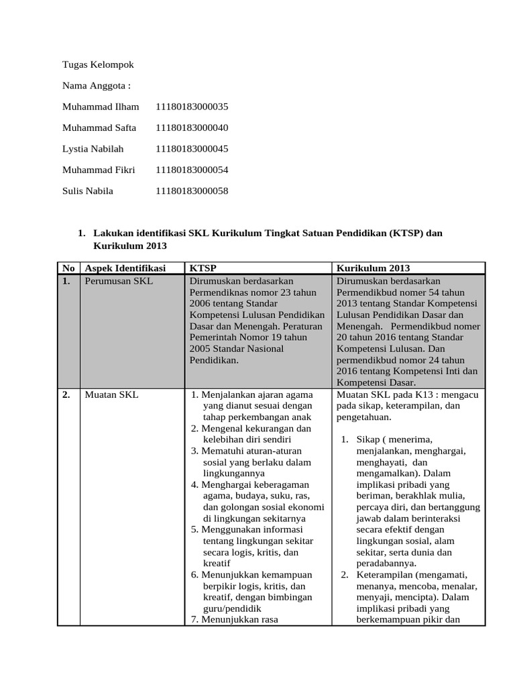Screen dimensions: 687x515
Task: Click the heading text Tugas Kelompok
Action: [x=98, y=65]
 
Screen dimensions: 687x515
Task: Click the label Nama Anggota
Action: [x=96, y=86]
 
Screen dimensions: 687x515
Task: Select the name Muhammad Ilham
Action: [x=101, y=107]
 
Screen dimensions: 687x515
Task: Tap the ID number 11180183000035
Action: [x=192, y=107]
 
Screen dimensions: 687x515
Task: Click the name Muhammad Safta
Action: [x=99, y=127]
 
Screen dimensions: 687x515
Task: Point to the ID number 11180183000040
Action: [x=192, y=127]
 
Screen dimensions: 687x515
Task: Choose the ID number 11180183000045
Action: [x=192, y=149]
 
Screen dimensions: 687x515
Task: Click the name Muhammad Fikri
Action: [x=99, y=170]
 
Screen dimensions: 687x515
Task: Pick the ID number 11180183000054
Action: [x=192, y=170]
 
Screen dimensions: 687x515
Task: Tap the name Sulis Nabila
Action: [x=88, y=191]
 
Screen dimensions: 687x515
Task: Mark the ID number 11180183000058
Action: [x=192, y=191]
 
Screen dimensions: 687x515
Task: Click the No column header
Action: [x=68, y=268]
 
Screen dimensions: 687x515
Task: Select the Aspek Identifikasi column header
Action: [x=125, y=268]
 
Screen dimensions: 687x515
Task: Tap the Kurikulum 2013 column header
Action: [x=374, y=268]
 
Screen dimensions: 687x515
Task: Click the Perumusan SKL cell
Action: [x=119, y=281]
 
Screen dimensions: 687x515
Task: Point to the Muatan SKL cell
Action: [x=111, y=395]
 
